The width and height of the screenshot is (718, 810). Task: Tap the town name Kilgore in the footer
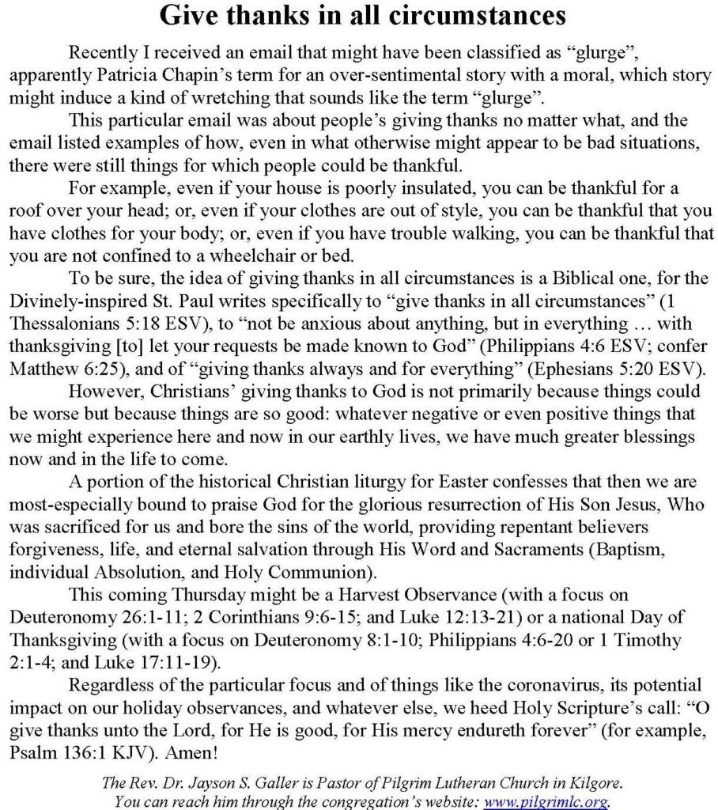pos(590,783)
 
